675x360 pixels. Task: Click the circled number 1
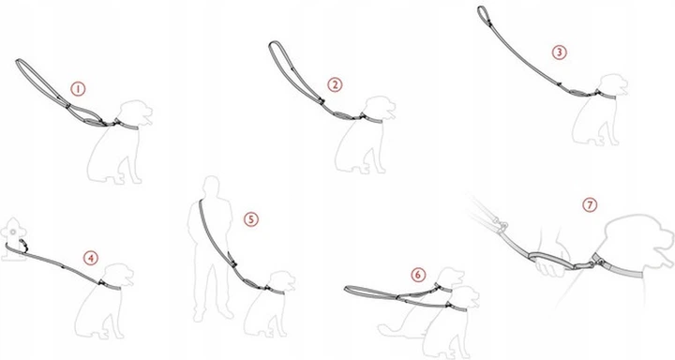[78, 89]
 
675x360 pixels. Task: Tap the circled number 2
[335, 84]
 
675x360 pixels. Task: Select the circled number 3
[559, 52]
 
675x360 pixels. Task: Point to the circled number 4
[90, 258]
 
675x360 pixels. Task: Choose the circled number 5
[251, 219]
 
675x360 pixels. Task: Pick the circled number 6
[418, 275]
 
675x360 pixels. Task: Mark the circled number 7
[590, 204]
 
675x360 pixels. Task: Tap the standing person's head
[211, 186]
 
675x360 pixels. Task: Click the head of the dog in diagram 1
[137, 112]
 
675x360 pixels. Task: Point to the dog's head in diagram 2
[380, 108]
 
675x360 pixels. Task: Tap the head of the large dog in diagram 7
[637, 241]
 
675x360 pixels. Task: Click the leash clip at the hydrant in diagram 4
[23, 245]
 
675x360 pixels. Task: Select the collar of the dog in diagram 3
[606, 95]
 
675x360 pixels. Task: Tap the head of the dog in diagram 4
[118, 275]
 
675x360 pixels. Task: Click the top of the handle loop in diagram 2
[274, 42]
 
